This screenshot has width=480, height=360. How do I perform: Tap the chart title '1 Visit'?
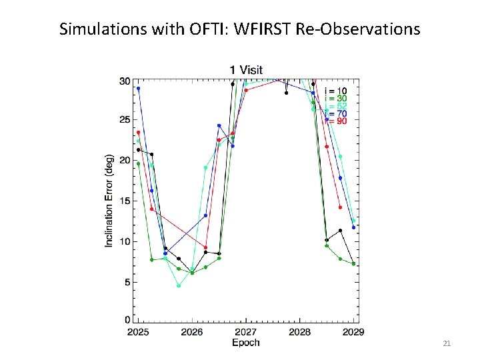point(246,69)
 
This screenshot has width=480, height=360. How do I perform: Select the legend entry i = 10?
point(335,90)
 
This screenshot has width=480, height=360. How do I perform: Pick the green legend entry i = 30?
point(335,98)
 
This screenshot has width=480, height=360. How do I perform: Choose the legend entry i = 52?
point(335,106)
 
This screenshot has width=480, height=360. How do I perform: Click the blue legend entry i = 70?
point(335,113)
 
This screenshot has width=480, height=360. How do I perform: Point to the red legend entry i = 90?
point(335,121)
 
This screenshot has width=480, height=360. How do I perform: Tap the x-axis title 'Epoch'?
point(245,343)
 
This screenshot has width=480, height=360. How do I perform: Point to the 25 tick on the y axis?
point(125,120)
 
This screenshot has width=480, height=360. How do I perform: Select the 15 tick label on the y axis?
point(125,201)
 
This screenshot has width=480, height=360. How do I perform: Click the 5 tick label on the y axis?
point(127,282)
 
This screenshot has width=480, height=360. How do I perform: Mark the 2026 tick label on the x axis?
point(192,332)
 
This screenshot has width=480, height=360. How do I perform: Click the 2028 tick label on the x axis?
point(299,332)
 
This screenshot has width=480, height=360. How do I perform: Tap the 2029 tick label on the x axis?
point(353,332)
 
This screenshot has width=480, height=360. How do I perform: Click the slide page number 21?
point(447,343)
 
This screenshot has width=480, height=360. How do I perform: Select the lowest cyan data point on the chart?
point(179,286)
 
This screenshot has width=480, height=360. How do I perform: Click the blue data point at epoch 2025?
point(138,88)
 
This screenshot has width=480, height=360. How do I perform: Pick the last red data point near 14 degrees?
point(340,207)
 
